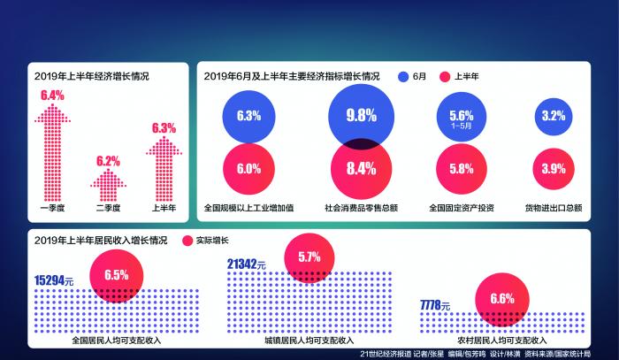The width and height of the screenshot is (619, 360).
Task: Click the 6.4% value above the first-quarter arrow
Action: click(52, 96)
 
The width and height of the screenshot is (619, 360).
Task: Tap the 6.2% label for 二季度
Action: click(108, 161)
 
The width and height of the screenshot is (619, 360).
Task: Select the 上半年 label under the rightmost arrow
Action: click(164, 209)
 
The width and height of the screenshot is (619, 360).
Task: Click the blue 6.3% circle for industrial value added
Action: click(248, 116)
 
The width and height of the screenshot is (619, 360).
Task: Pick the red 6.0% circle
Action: click(248, 169)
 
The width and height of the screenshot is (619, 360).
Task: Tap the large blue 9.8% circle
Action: click(362, 115)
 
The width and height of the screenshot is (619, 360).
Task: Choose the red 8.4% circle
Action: click(361, 169)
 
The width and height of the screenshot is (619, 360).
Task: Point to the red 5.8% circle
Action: click(462, 169)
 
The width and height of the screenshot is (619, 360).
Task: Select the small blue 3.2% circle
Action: click(553, 116)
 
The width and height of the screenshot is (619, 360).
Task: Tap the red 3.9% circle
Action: click(553, 169)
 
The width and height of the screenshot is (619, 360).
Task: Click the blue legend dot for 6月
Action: click(403, 77)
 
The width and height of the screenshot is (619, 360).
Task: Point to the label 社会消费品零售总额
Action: click(361, 209)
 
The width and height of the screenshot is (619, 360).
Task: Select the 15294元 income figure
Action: click(54, 280)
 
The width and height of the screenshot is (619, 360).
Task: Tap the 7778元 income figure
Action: click(436, 306)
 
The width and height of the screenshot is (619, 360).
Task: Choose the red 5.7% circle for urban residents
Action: click(309, 257)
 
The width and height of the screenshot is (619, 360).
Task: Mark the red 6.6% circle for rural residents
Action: click(501, 299)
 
